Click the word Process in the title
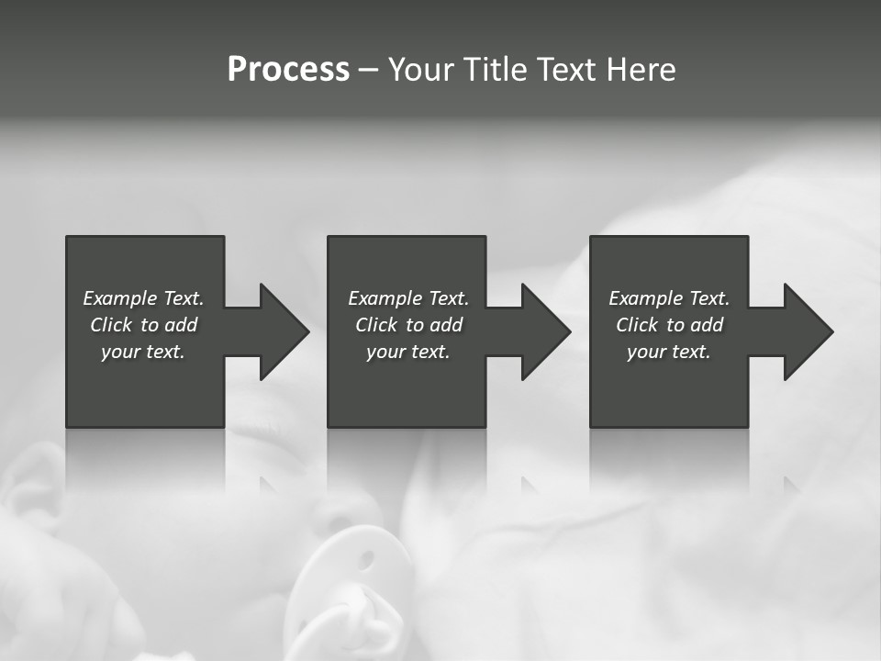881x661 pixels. pyautogui.click(x=288, y=70)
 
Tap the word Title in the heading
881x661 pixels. pyautogui.click(x=493, y=70)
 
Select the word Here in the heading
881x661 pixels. pyautogui.click(x=641, y=70)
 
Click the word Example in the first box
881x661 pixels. pyautogui.click(x=120, y=298)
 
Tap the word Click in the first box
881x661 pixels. pyautogui.click(x=110, y=325)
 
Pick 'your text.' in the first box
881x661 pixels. pyautogui.click(x=143, y=352)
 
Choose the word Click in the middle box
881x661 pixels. pyautogui.click(x=375, y=325)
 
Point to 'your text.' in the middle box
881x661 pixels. pyautogui.click(x=407, y=352)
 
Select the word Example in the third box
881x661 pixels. pyautogui.click(x=646, y=298)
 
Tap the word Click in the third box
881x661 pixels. pyautogui.click(x=636, y=325)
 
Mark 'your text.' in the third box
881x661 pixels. pyautogui.click(x=668, y=352)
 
